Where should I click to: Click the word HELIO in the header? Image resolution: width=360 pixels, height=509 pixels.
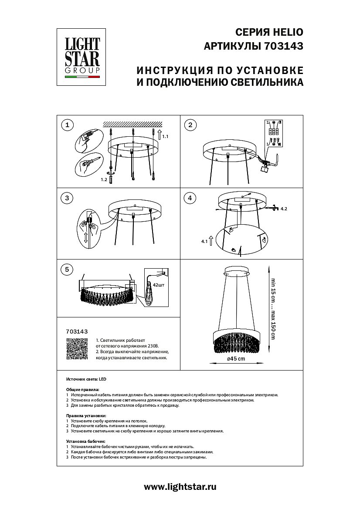click(287, 32)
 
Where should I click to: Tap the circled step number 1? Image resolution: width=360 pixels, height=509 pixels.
click(67, 126)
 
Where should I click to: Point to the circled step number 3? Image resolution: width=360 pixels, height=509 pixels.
click(67, 198)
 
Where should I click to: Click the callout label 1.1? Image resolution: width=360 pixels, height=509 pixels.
click(165, 137)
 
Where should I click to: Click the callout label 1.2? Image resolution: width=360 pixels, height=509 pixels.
click(104, 179)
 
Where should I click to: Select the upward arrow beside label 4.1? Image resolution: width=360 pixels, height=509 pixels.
click(211, 240)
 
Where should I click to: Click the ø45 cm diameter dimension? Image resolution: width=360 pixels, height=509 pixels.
click(236, 358)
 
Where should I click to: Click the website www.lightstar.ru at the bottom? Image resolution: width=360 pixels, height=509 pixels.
click(180, 487)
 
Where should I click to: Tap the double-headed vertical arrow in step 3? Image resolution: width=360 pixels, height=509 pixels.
click(86, 238)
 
